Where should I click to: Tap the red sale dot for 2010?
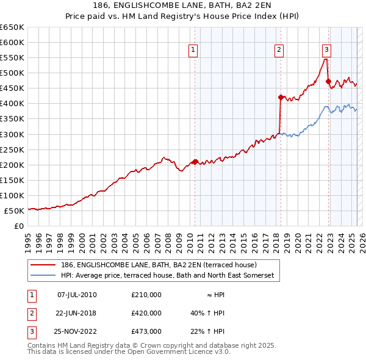click(195, 162)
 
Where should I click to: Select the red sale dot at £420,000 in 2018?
click(281, 97)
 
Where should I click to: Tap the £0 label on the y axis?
click(18, 226)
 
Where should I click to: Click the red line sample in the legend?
click(43, 265)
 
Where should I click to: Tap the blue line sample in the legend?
click(43, 276)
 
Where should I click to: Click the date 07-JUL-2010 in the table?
click(77, 295)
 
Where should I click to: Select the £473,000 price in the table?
click(146, 331)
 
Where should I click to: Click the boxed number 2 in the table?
click(31, 313)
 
